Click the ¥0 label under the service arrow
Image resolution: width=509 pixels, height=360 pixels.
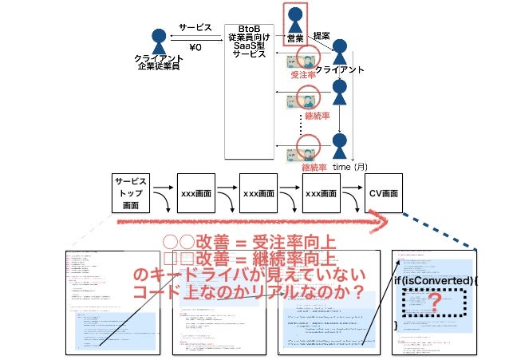[x=195, y=47]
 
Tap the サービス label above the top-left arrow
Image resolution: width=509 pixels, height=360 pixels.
[x=195, y=26]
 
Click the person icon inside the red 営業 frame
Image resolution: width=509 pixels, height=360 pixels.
[x=295, y=17]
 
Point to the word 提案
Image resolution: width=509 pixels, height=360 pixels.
[x=322, y=36]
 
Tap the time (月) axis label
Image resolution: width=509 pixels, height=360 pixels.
[x=350, y=167]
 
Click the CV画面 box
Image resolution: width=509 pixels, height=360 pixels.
[x=383, y=194]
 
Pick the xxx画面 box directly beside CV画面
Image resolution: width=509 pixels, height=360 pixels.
[x=323, y=194]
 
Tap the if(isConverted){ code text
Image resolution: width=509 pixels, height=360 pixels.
[x=436, y=281]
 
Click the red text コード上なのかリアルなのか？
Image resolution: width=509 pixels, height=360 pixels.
[x=247, y=294]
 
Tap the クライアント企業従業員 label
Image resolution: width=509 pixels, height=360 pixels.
[x=157, y=63]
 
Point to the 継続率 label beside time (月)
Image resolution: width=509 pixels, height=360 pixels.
[x=314, y=168]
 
